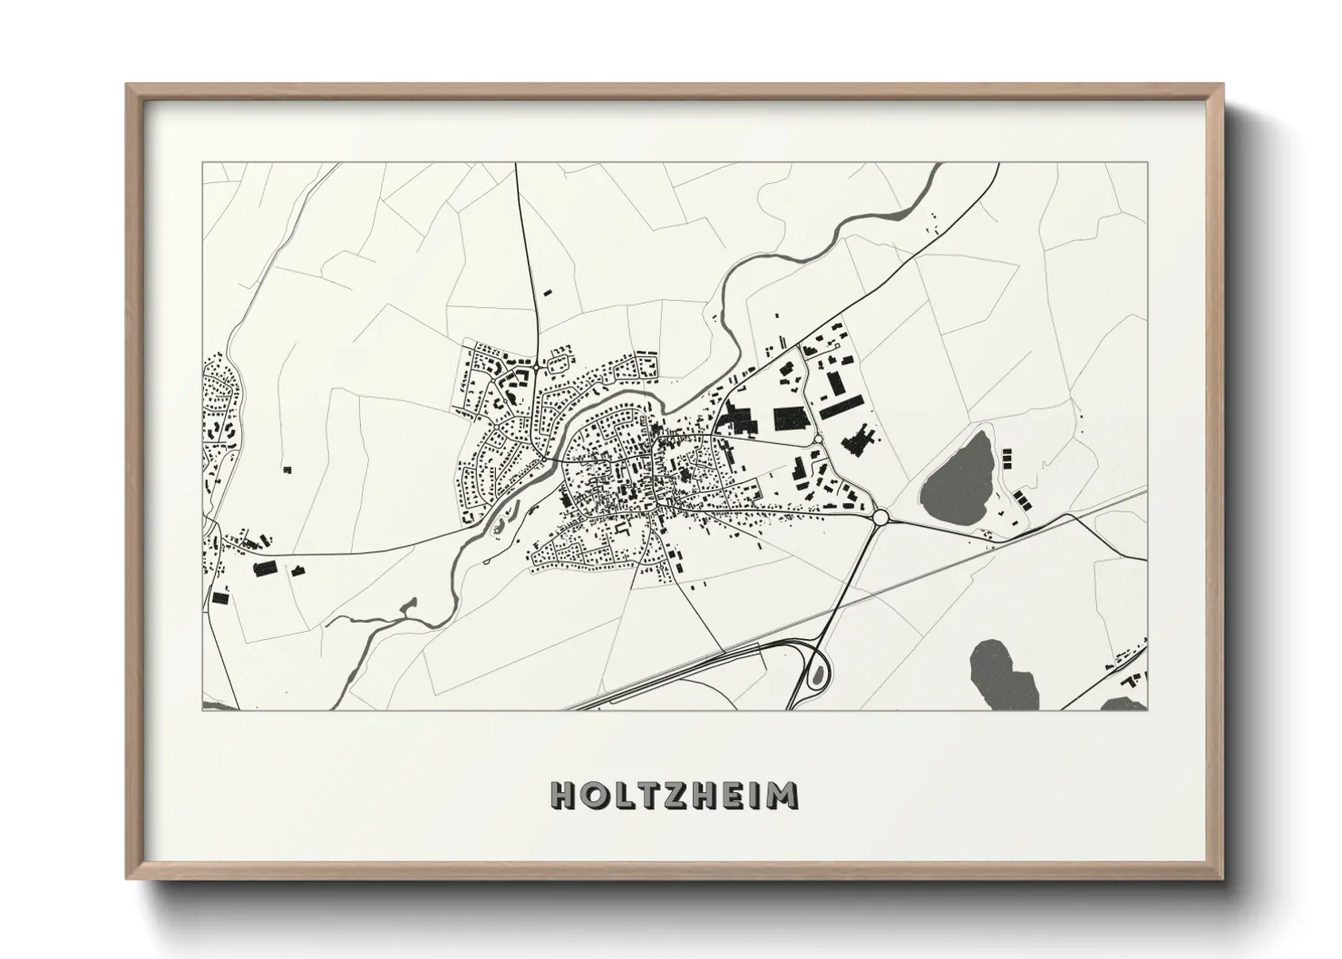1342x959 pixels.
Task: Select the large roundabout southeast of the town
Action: tap(879, 518)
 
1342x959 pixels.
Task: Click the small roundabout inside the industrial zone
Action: tap(818, 439)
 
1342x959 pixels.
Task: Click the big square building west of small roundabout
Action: tap(790, 419)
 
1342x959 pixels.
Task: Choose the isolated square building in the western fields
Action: tap(287, 470)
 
